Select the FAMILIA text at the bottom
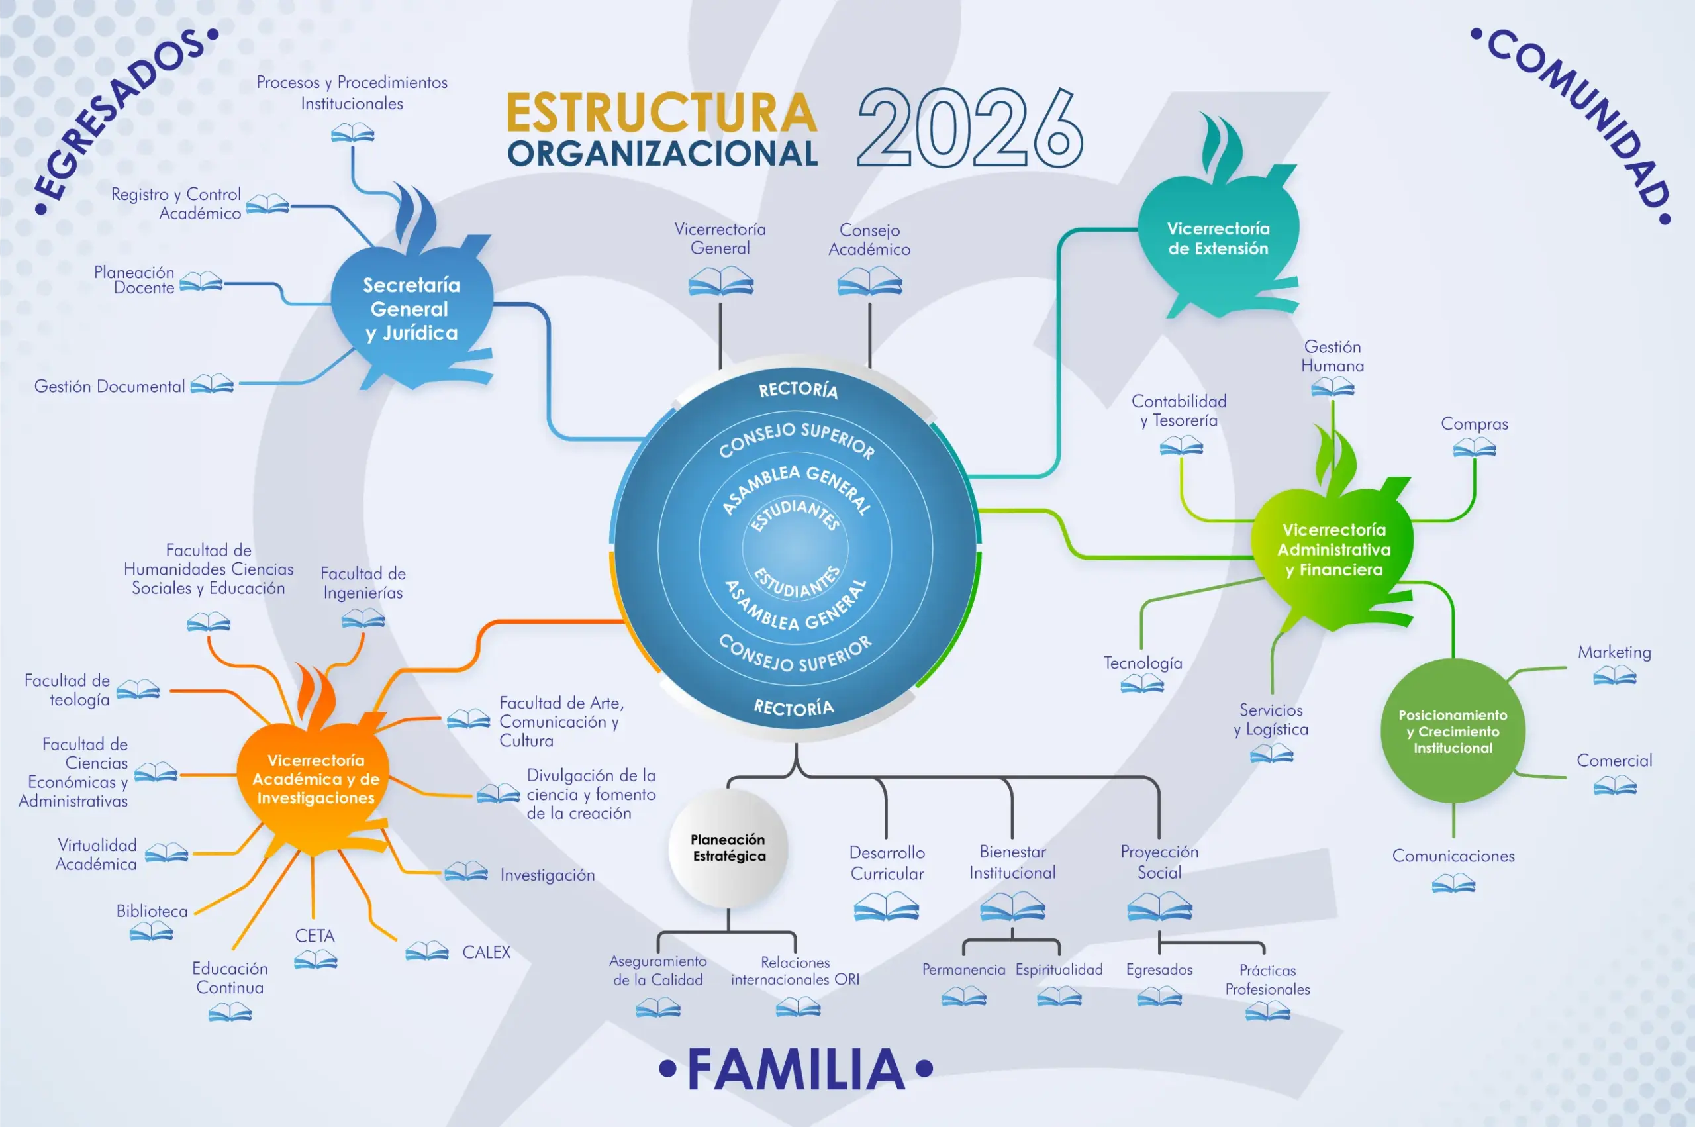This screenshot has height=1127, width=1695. click(796, 1069)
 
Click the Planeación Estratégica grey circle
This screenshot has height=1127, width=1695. click(728, 848)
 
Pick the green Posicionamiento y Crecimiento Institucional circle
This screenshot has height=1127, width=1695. click(1452, 731)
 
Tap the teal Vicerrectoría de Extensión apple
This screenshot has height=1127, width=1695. click(1218, 238)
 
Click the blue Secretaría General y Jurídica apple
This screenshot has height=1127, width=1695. click(411, 309)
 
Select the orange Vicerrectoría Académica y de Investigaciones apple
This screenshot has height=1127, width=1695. click(315, 779)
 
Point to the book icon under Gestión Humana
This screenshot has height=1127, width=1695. click(1332, 388)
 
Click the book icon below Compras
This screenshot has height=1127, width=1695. click(1474, 448)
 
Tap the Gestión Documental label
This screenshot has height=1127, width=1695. click(109, 387)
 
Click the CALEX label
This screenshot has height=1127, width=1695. click(487, 952)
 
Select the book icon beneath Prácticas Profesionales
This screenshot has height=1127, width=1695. click(1267, 1012)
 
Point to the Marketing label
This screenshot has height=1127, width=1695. click(1614, 652)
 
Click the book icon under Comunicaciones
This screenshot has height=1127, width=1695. click(1453, 883)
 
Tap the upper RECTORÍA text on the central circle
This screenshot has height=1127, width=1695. click(799, 389)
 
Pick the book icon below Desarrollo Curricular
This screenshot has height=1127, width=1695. click(886, 906)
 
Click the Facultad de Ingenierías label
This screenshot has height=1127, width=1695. click(363, 583)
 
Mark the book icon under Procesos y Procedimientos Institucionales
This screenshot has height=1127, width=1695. click(352, 133)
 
